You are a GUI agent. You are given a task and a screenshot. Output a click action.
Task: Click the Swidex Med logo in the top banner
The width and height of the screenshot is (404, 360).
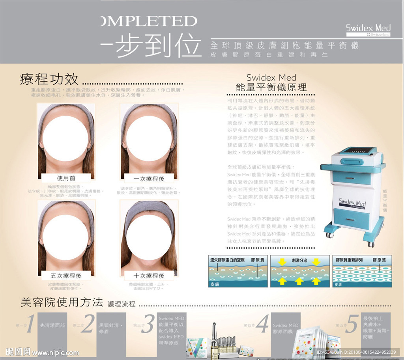[x=368, y=29]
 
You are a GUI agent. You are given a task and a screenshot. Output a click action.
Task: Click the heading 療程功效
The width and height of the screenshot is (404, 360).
[x=49, y=79]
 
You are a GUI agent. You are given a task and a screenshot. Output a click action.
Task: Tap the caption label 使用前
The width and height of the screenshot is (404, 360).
[x=66, y=178]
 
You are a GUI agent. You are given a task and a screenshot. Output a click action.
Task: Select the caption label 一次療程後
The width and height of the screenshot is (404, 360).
[x=149, y=179]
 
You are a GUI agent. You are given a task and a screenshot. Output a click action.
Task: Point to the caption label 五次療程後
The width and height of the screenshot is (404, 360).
[x=66, y=275]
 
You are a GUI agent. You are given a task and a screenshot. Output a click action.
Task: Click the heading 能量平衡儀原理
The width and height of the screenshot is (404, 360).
[x=271, y=87]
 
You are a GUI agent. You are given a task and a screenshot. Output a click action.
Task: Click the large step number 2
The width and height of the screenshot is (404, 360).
[x=88, y=324]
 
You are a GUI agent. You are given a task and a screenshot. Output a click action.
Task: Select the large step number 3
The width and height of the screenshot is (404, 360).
[x=149, y=324]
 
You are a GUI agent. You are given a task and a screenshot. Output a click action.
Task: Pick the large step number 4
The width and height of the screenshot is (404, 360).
[x=262, y=324]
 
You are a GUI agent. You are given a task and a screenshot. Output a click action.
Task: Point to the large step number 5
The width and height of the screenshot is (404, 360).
[x=352, y=324]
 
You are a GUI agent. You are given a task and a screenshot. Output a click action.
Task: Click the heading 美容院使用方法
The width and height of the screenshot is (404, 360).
[x=62, y=302]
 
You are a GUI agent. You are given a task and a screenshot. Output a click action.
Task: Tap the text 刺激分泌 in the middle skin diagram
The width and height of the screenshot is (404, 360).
[x=299, y=260]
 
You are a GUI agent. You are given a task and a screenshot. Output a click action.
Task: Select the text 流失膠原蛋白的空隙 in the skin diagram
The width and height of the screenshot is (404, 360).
[x=228, y=260]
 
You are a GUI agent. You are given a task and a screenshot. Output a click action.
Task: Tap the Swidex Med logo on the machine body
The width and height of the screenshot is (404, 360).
[x=352, y=203]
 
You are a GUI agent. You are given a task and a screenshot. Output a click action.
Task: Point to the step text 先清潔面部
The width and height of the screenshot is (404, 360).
[x=52, y=326]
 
